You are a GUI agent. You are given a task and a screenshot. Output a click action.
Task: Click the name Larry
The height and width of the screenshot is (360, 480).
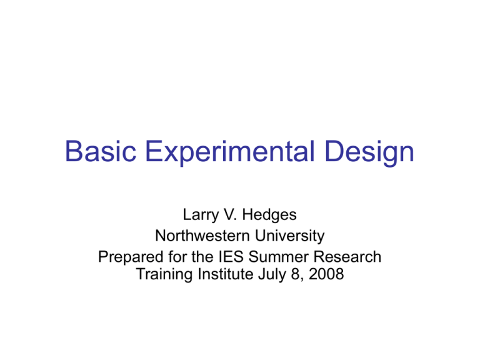pos(202,217)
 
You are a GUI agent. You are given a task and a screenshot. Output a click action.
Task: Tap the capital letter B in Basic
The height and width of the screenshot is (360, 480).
pos(74,152)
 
